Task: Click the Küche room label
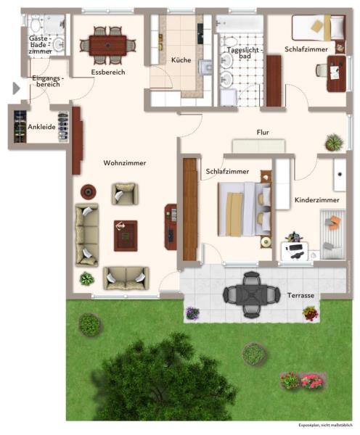tap(181, 60)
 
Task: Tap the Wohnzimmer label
tap(125, 163)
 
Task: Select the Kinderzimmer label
tap(317, 199)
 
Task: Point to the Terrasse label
tap(300, 296)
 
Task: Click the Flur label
tap(263, 132)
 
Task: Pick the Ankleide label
tap(41, 128)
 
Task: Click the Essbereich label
tap(108, 72)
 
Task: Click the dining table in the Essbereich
tap(107, 45)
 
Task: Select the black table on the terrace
tap(251, 294)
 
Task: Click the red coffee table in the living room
tap(125, 235)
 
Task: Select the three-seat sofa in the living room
tap(86, 235)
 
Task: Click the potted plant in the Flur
tap(333, 141)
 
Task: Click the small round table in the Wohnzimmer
tap(88, 192)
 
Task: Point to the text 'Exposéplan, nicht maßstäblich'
tap(326, 426)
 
